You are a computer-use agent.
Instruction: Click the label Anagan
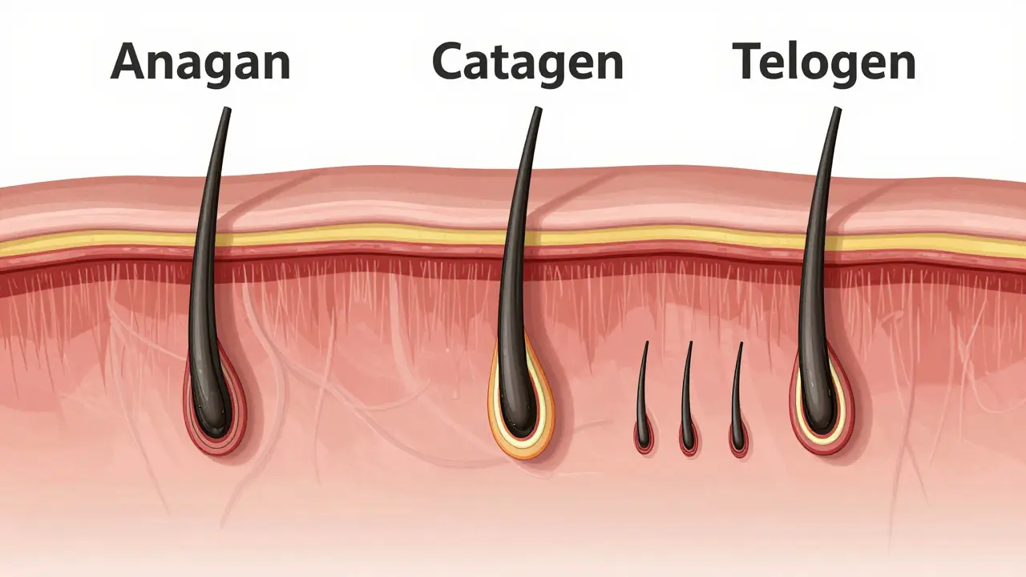(x=200, y=62)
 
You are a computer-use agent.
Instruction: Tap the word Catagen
(x=527, y=62)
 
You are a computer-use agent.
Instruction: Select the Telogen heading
(x=824, y=62)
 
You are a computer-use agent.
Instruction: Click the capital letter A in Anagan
(x=131, y=62)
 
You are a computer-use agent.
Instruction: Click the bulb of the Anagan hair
(x=212, y=412)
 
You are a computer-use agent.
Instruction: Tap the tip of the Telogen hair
(x=838, y=109)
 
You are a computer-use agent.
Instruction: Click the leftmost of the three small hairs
(x=643, y=403)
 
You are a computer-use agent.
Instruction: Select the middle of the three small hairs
(x=688, y=403)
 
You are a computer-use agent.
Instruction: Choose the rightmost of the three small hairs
(x=737, y=403)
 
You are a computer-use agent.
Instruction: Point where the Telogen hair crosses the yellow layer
(x=816, y=244)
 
